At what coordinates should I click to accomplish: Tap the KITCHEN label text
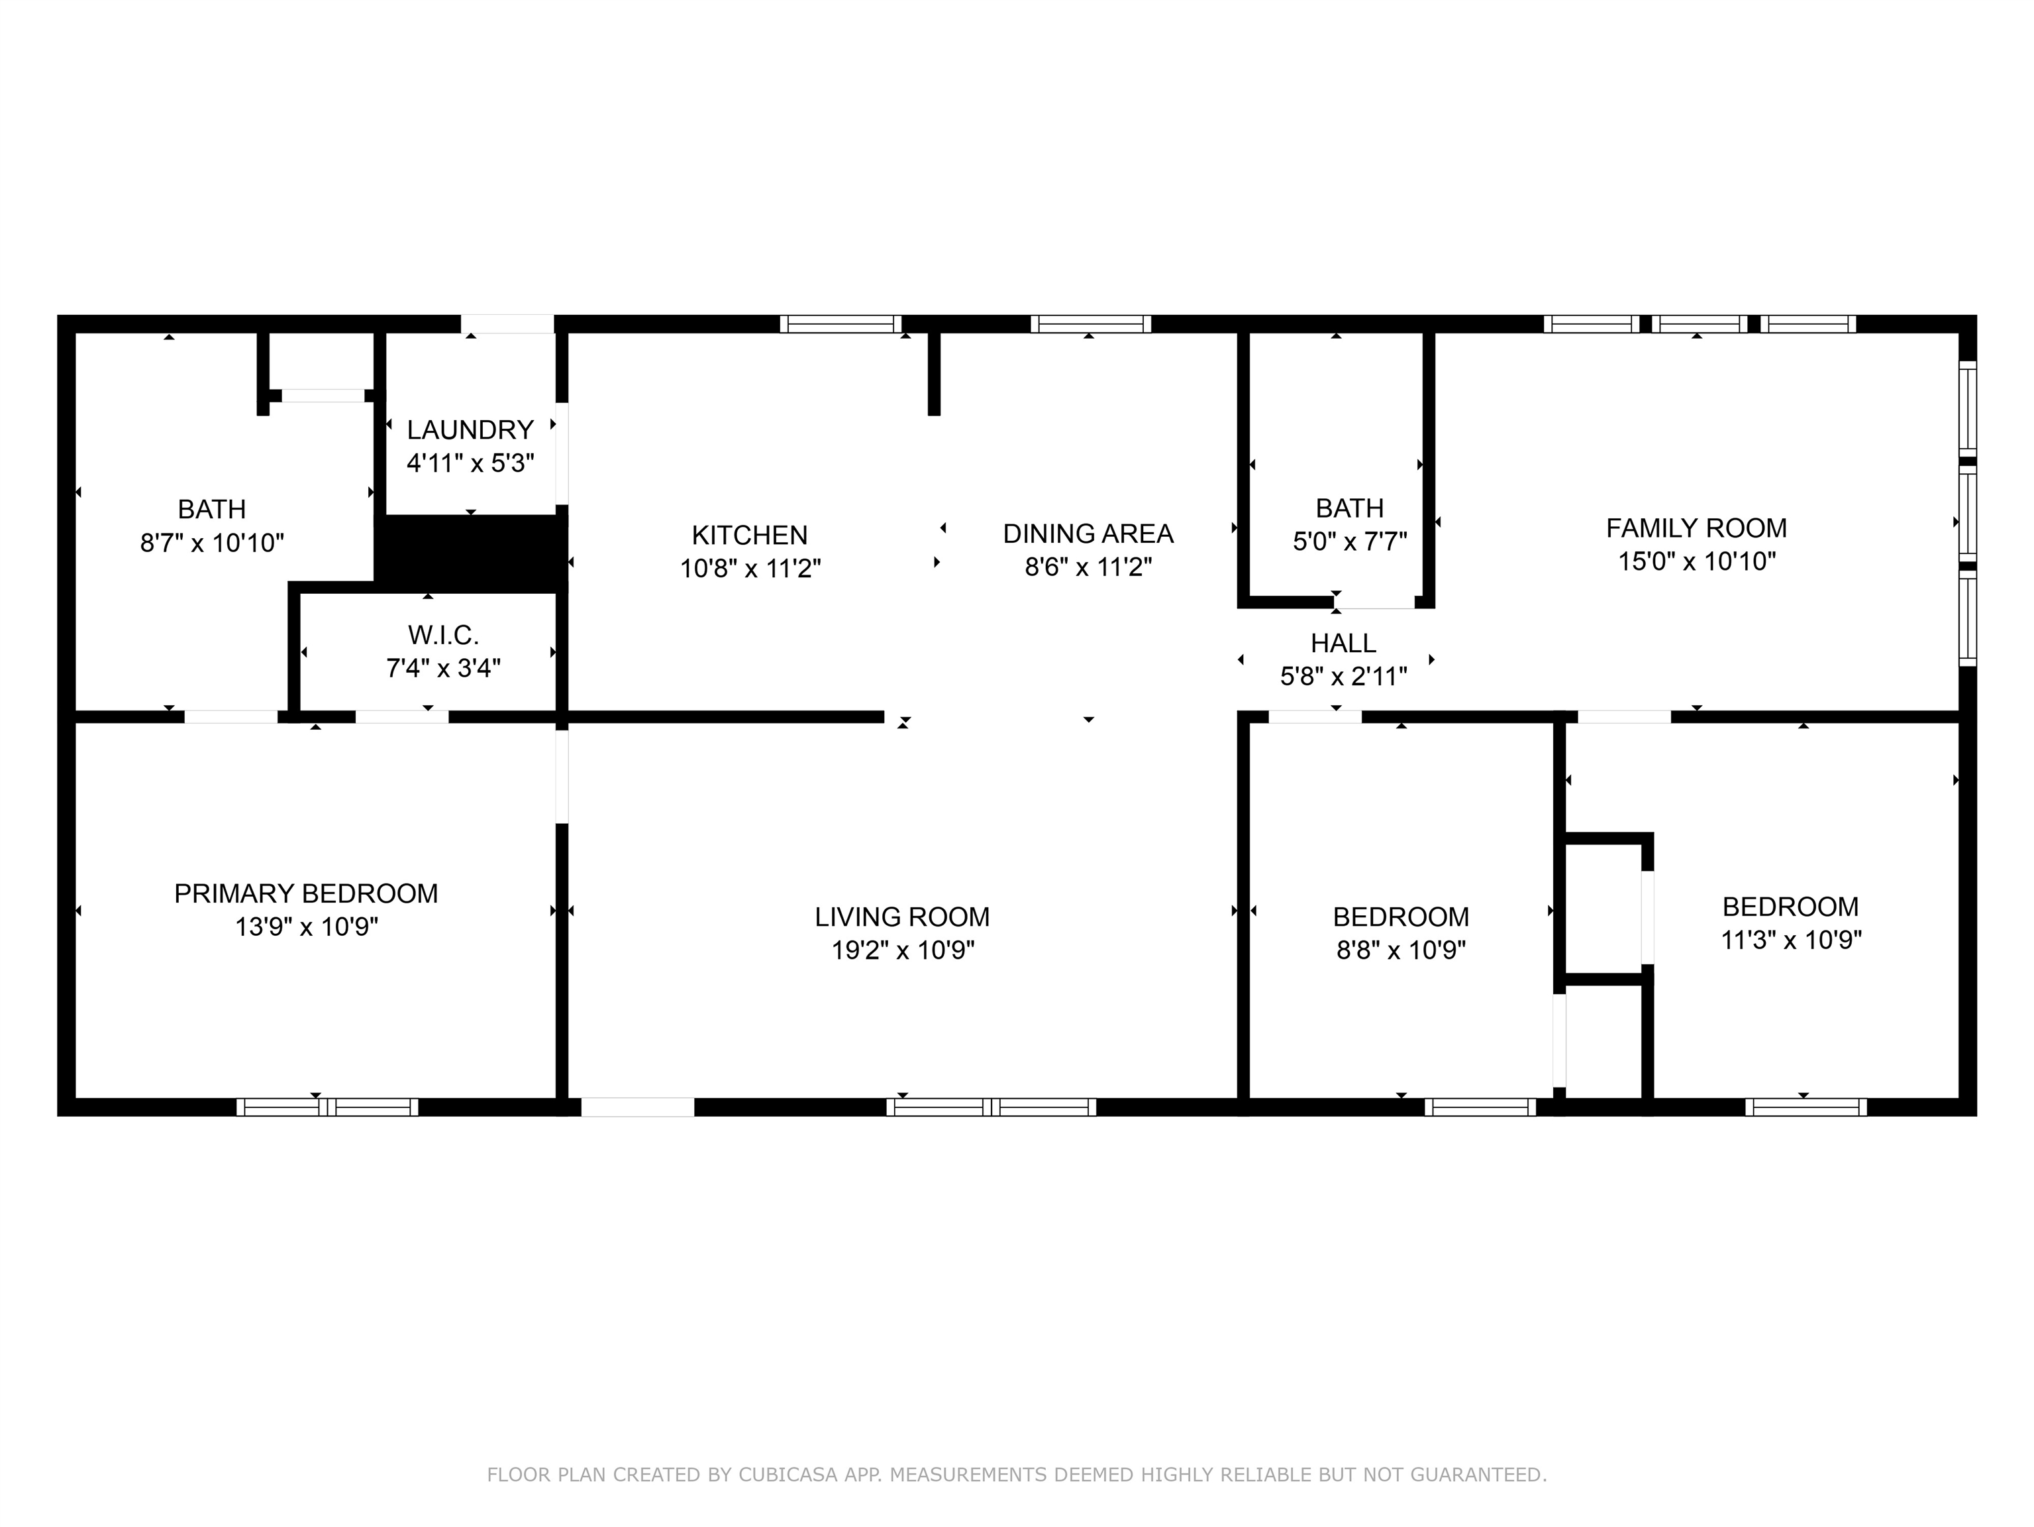[x=749, y=534]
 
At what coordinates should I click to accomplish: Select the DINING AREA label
[x=1088, y=534]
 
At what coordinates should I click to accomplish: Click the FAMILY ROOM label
[x=1696, y=528]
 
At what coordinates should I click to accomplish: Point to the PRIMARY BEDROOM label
[x=306, y=893]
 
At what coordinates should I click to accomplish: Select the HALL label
[x=1343, y=643]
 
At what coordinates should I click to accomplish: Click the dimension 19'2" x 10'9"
[x=903, y=949]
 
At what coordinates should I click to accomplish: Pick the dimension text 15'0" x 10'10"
[x=1696, y=561]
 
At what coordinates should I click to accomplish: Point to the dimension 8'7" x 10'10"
[x=213, y=543]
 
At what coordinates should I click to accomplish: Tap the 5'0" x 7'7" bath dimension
[x=1350, y=541]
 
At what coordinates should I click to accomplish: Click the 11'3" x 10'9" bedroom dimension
[x=1791, y=940]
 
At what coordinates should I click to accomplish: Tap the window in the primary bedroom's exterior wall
[x=327, y=1107]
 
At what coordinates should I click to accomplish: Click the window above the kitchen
[x=840, y=324]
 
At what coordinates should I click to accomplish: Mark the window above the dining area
[x=1091, y=324]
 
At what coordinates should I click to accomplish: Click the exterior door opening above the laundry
[x=507, y=324]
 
